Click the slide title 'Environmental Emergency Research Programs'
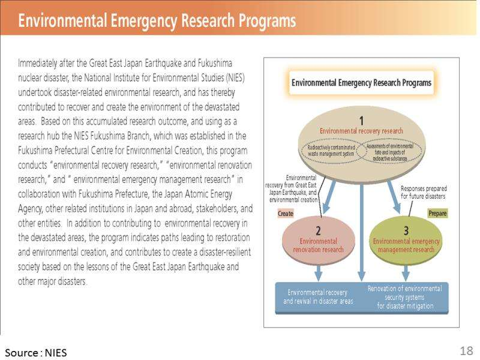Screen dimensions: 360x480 pyautogui.click(x=157, y=20)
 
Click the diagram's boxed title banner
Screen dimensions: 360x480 pyautogui.click(x=361, y=83)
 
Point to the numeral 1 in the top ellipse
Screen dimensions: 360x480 pyautogui.click(x=361, y=120)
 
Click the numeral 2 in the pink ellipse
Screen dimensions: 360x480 pyautogui.click(x=317, y=230)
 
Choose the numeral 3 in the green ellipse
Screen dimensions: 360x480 pyautogui.click(x=406, y=230)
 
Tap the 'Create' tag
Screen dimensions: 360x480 pyautogui.click(x=286, y=213)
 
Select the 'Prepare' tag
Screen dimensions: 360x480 pyautogui.click(x=437, y=213)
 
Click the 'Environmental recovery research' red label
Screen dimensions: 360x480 pyautogui.click(x=361, y=130)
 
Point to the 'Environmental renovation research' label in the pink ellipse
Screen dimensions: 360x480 pyautogui.click(x=317, y=245)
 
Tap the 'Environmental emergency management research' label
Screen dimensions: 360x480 pyautogui.click(x=406, y=245)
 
